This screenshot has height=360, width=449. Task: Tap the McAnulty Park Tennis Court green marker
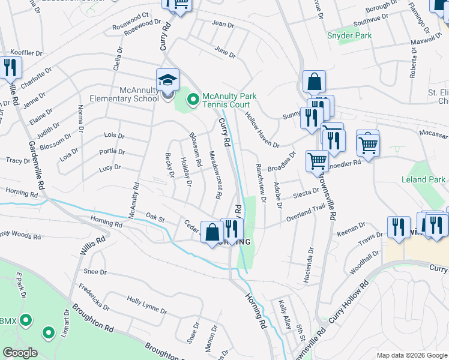click(193, 99)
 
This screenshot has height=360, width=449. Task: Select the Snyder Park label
click(349, 35)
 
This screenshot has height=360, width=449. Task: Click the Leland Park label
click(424, 179)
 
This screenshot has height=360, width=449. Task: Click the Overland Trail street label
click(304, 215)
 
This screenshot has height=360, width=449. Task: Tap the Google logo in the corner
click(20, 353)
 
